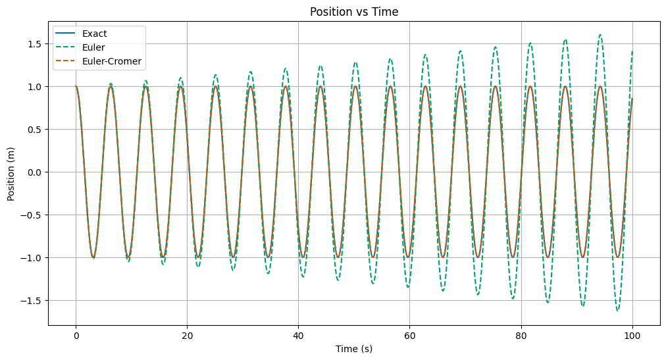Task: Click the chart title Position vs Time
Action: click(x=354, y=11)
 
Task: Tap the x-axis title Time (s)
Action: click(x=354, y=349)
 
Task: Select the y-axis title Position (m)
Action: click(x=11, y=172)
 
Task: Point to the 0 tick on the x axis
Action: click(x=76, y=335)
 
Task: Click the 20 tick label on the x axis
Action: click(x=187, y=335)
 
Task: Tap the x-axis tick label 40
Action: click(x=298, y=335)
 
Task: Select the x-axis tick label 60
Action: click(x=410, y=335)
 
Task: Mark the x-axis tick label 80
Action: click(x=521, y=335)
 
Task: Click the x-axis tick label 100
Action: click(x=632, y=335)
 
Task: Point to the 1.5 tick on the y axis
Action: click(x=36, y=44)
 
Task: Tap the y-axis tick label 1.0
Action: click(x=36, y=87)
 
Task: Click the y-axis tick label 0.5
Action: click(x=36, y=130)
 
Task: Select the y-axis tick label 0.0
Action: click(x=36, y=172)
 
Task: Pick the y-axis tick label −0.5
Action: click(x=33, y=215)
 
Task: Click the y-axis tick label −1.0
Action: click(x=33, y=258)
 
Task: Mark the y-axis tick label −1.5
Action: click(x=33, y=301)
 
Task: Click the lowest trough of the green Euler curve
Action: click(x=617, y=310)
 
